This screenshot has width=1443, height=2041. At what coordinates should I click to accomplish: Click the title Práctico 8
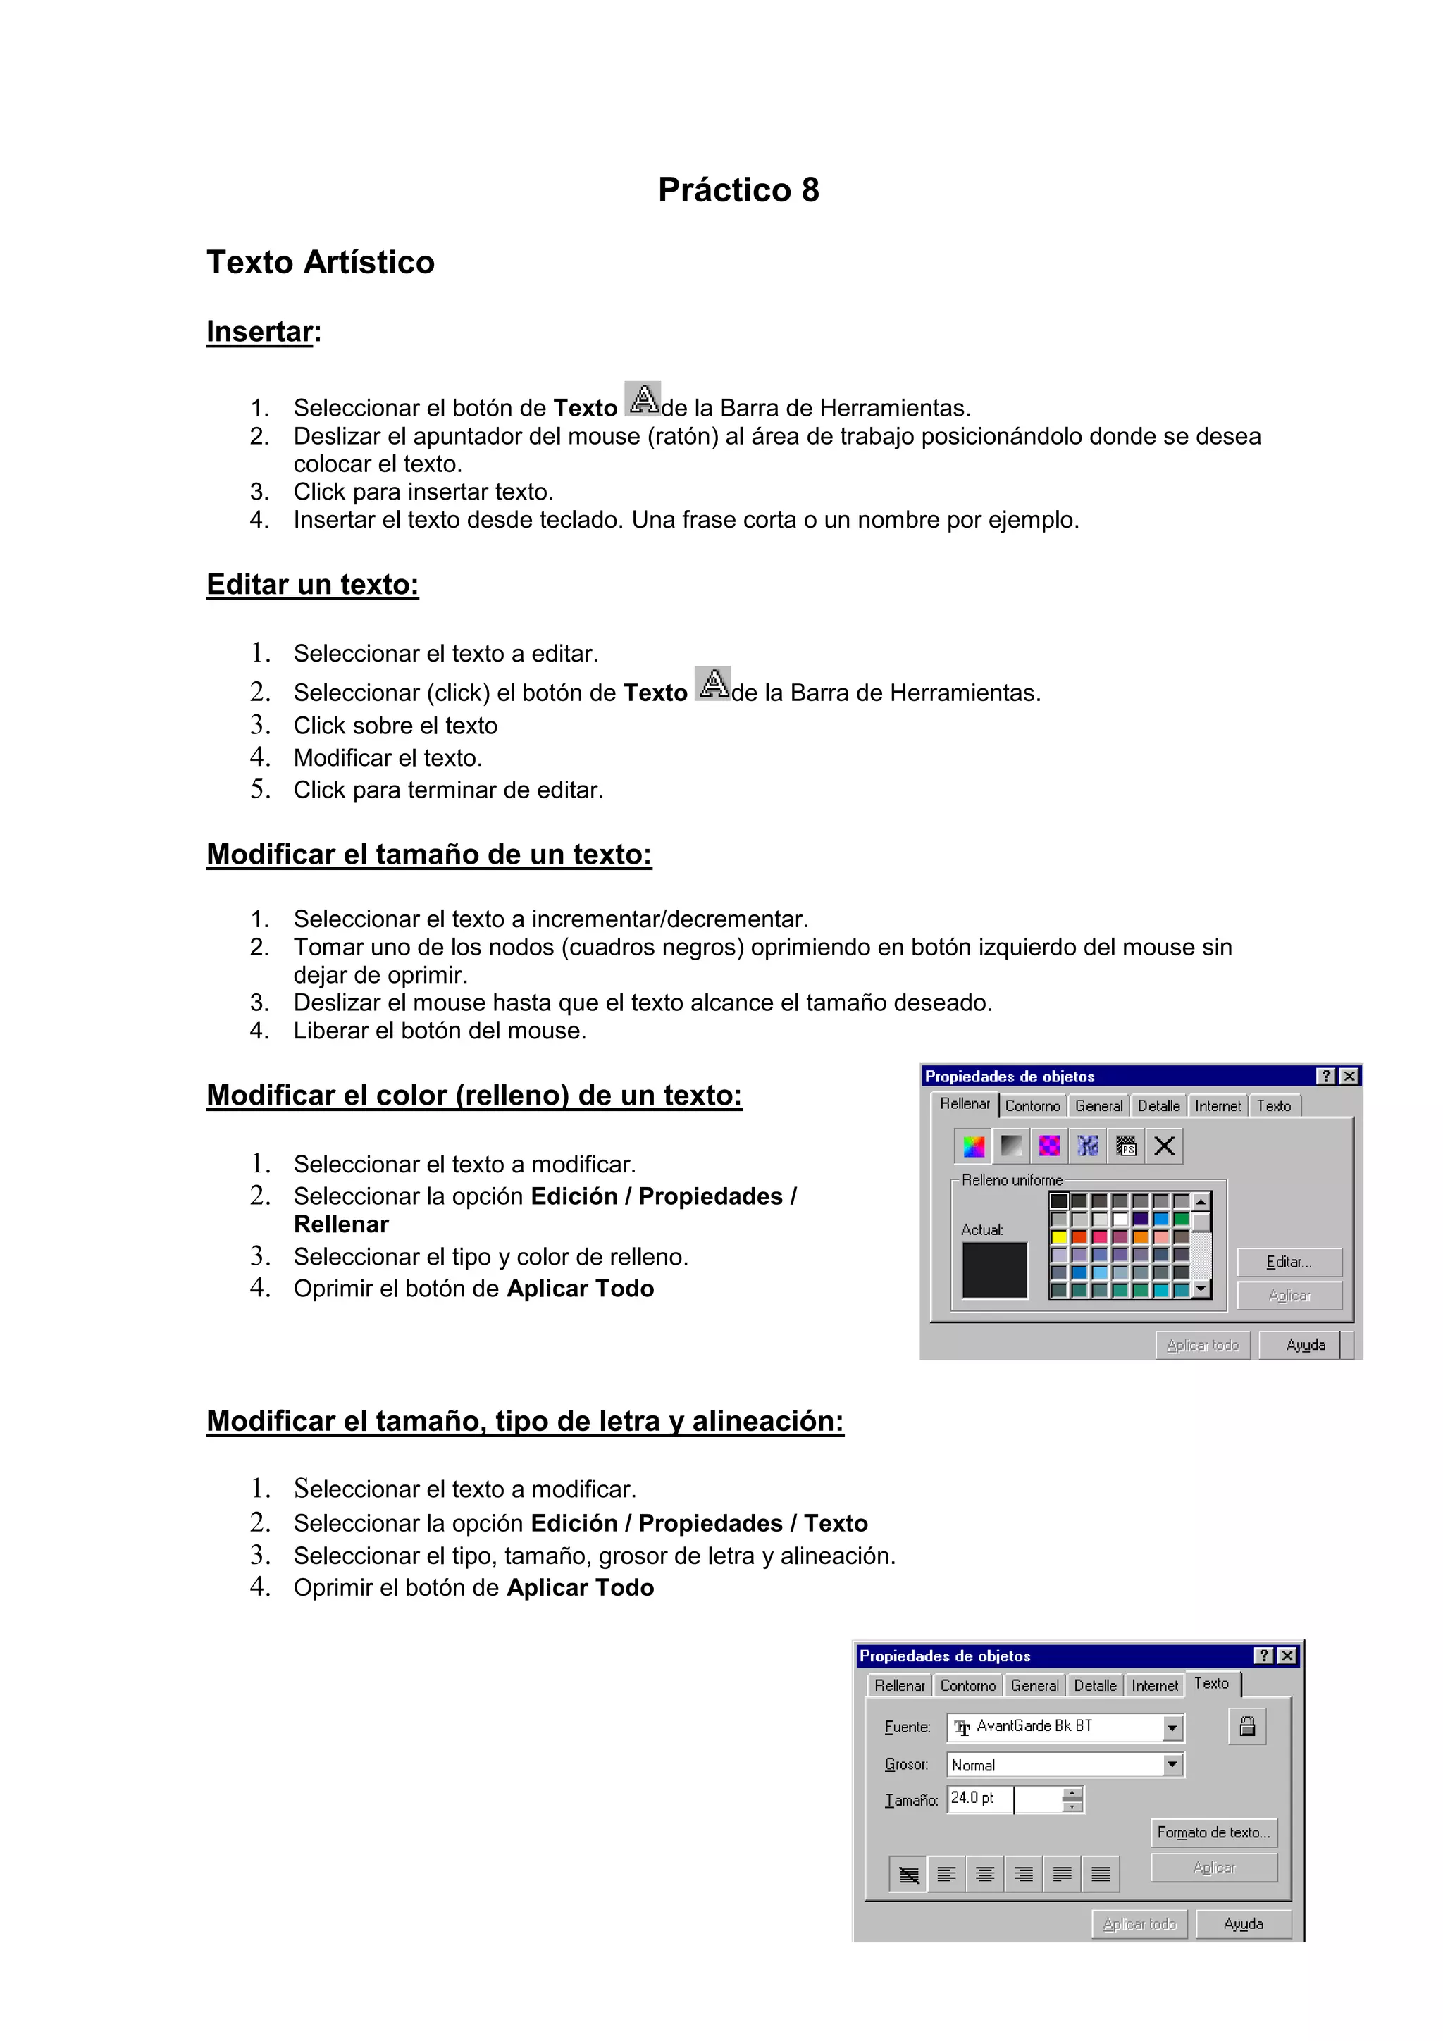(x=738, y=190)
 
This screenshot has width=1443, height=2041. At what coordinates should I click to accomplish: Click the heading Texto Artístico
(x=320, y=262)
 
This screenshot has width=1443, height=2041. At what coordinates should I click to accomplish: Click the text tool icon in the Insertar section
(x=642, y=399)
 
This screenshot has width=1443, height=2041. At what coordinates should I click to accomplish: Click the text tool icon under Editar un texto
(x=712, y=683)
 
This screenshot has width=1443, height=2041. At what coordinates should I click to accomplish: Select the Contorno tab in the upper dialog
(x=1032, y=1106)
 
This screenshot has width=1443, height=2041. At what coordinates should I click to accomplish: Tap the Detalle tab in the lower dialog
(x=1094, y=1685)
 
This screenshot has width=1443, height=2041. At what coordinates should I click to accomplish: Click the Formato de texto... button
(x=1213, y=1832)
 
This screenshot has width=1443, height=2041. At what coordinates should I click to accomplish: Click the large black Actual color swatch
(x=994, y=1270)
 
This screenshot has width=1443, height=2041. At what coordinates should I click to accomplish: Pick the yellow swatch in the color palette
(x=1059, y=1236)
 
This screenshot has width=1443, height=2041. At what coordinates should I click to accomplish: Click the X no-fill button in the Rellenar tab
(x=1164, y=1146)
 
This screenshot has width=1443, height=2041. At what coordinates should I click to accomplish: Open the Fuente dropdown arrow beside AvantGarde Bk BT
(x=1172, y=1727)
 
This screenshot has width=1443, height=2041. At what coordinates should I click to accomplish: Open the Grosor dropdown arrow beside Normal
(x=1172, y=1765)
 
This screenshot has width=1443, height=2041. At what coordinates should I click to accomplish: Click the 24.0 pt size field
(x=978, y=1799)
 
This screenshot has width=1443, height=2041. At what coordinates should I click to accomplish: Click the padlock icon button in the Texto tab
(x=1247, y=1725)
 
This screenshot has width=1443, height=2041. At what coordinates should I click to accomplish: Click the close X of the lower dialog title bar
(x=1287, y=1655)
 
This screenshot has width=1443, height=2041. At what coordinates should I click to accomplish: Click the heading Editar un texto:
(x=312, y=584)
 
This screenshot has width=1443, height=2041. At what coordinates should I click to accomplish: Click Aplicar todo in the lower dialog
(x=1139, y=1923)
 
